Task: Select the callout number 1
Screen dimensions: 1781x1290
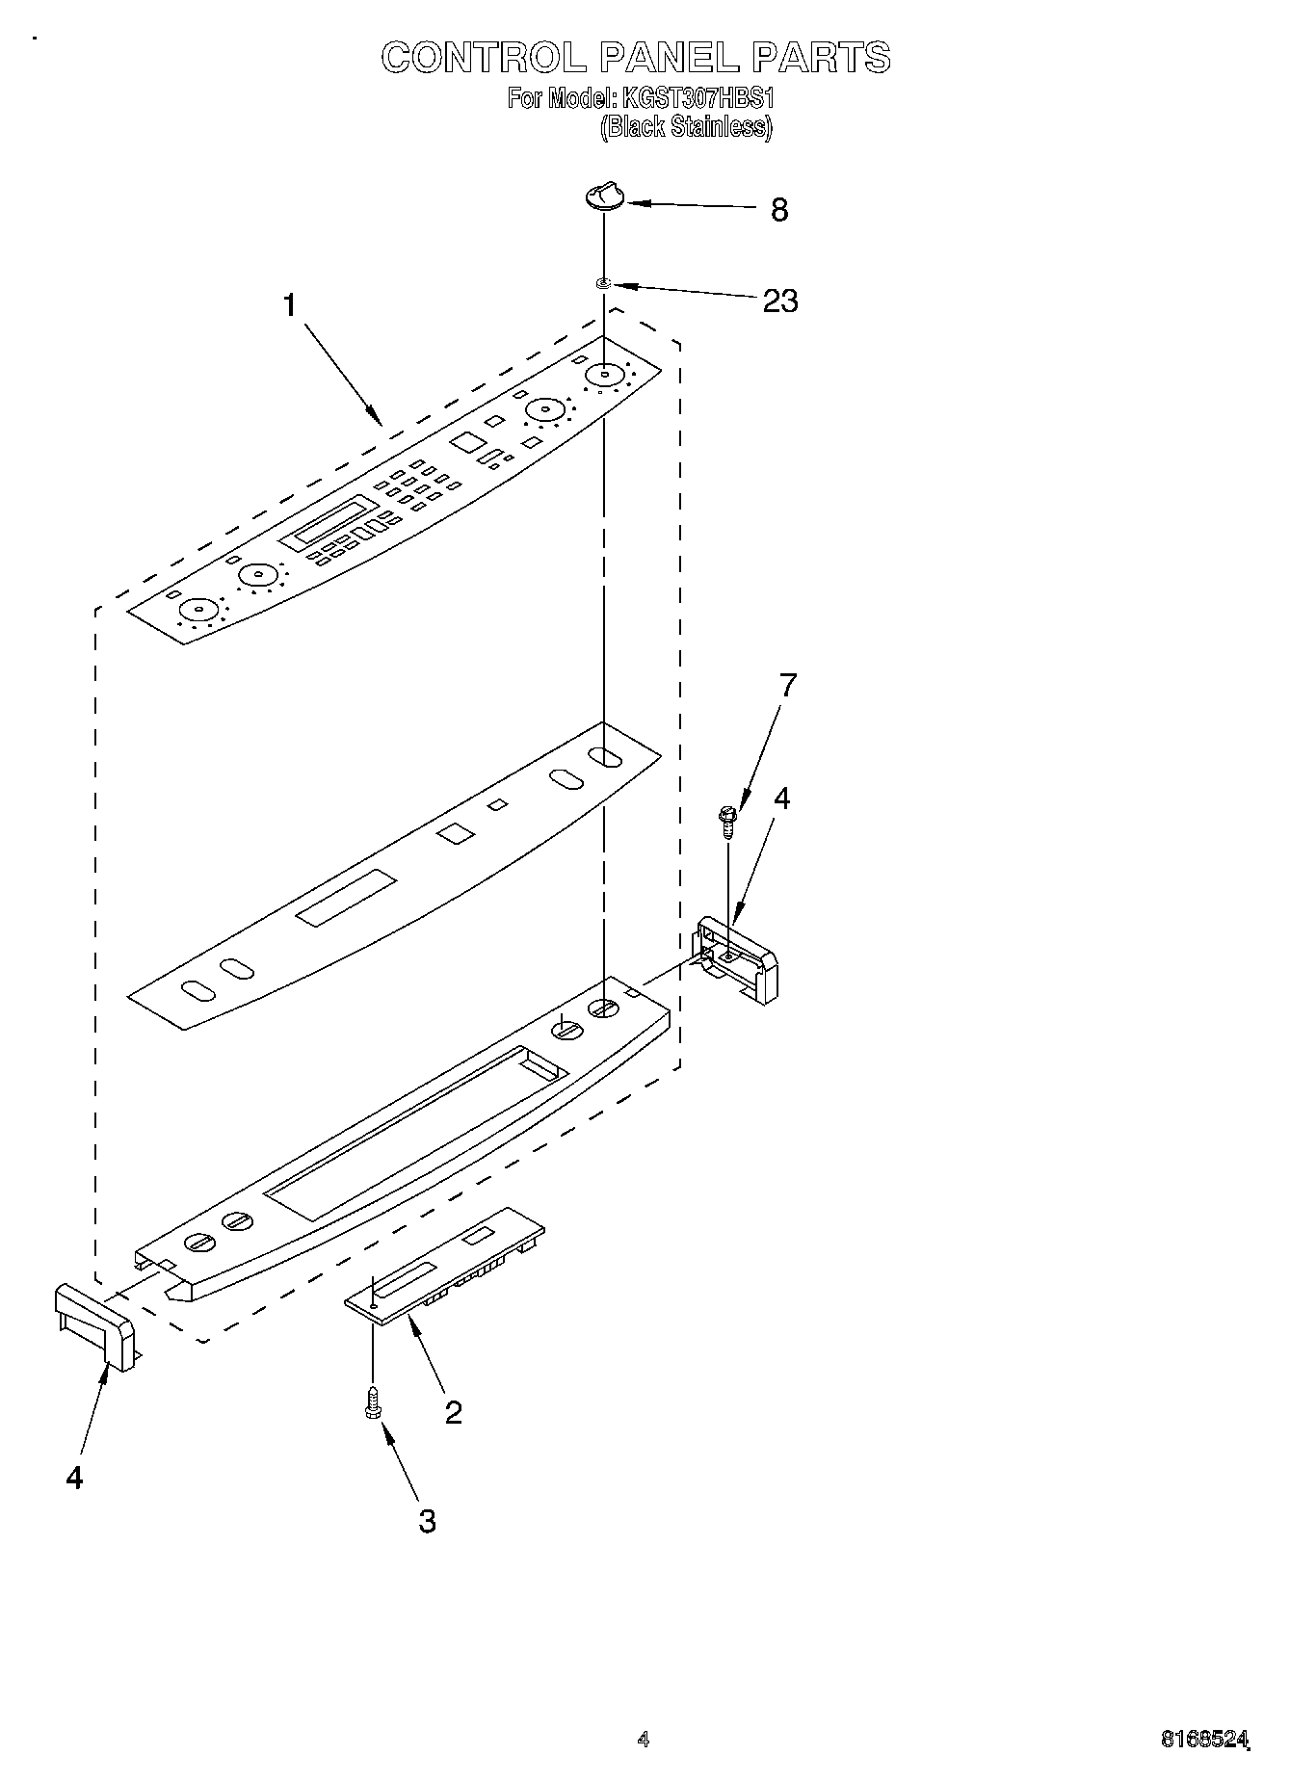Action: click(289, 305)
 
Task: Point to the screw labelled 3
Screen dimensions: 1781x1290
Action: click(372, 1406)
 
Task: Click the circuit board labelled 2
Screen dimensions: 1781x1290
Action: click(443, 1266)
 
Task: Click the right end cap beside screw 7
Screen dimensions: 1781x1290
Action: click(738, 959)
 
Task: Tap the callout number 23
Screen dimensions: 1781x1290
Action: click(779, 301)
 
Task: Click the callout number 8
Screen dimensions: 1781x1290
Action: click(779, 209)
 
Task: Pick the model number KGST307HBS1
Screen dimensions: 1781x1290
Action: click(698, 97)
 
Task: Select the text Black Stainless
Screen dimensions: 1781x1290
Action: click(686, 127)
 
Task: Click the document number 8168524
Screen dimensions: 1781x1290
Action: click(1203, 1740)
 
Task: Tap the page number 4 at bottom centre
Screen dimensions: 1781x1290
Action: click(644, 1740)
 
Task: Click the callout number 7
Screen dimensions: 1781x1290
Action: click(788, 686)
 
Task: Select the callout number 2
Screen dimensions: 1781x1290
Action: click(453, 1412)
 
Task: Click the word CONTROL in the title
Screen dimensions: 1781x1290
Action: click(482, 58)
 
